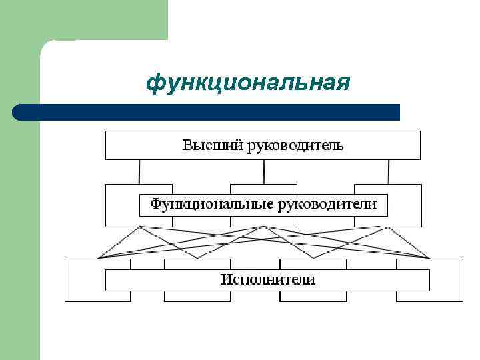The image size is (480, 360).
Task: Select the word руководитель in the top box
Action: [296, 145]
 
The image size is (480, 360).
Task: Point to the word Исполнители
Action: [268, 279]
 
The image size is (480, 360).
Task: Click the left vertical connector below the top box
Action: [139, 171]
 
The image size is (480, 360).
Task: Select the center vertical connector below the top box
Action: [264, 171]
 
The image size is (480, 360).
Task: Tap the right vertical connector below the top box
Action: [389, 171]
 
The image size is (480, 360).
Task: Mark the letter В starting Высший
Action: [188, 145]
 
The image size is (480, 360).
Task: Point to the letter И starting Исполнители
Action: [227, 279]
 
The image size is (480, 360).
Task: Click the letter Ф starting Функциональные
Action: [155, 204]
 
